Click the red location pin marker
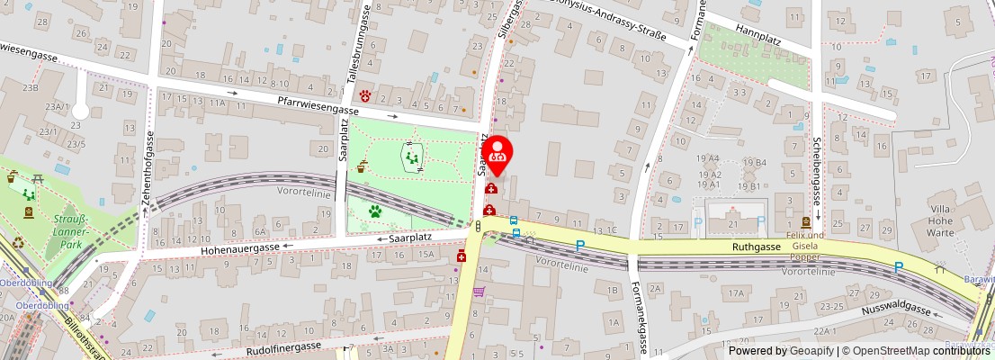tap(497, 150)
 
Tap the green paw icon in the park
tap(374, 211)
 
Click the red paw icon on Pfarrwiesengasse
tap(366, 95)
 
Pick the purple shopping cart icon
tap(480, 292)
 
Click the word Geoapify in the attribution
tap(811, 351)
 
